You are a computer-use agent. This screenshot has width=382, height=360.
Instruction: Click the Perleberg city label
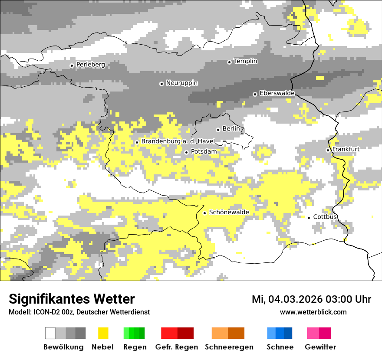click(x=91, y=65)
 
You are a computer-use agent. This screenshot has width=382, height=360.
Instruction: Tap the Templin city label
click(x=246, y=61)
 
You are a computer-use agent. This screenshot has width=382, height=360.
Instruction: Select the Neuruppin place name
click(x=182, y=83)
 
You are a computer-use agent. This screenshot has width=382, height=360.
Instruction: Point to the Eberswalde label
click(x=277, y=93)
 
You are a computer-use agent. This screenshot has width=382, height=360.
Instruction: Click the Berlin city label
click(x=231, y=129)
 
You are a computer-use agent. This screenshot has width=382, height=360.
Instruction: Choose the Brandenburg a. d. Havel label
click(x=178, y=141)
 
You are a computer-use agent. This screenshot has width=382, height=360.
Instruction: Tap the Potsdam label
click(x=204, y=152)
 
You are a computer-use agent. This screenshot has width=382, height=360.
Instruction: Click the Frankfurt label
click(x=346, y=149)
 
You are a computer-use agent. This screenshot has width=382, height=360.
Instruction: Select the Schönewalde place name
click(x=229, y=212)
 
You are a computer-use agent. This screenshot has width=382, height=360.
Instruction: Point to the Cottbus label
click(x=325, y=217)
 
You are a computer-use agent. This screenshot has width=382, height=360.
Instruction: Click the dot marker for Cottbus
click(x=309, y=217)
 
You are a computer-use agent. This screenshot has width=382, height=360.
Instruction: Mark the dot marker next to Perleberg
click(x=72, y=65)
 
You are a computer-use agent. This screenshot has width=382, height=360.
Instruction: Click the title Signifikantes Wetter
click(x=72, y=299)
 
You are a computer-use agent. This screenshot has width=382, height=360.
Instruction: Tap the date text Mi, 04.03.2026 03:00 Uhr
click(x=311, y=300)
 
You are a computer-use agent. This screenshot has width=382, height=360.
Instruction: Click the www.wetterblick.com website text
click(x=313, y=312)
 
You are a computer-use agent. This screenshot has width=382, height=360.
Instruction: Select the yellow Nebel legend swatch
click(x=103, y=333)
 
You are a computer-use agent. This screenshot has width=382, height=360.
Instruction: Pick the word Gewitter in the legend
click(x=320, y=347)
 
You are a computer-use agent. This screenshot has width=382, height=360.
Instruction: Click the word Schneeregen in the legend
click(x=229, y=347)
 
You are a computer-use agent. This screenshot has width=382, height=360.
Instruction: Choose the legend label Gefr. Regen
click(x=177, y=347)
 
